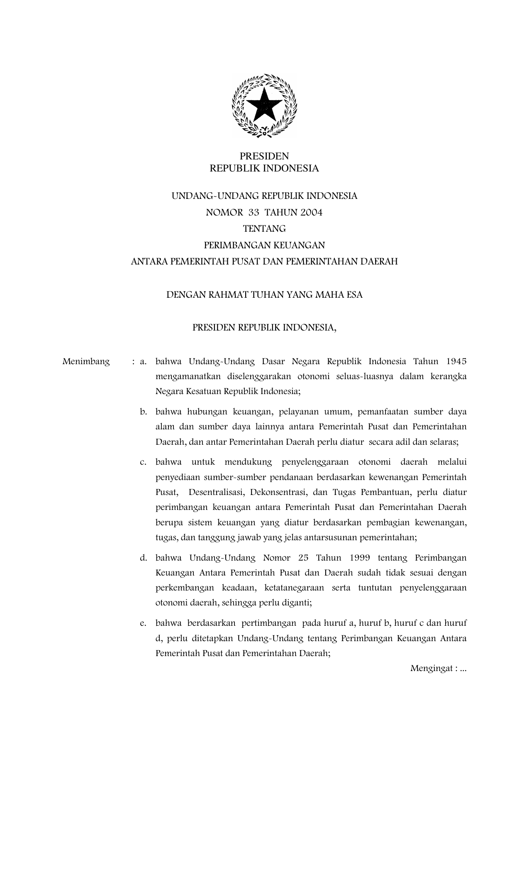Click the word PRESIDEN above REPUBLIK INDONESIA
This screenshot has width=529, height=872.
click(x=264, y=156)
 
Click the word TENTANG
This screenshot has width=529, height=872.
click(x=264, y=229)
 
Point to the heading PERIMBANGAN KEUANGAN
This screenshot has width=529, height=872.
click(x=264, y=245)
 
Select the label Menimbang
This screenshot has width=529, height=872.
click(x=86, y=362)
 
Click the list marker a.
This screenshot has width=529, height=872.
click(x=144, y=362)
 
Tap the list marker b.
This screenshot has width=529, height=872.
click(x=144, y=412)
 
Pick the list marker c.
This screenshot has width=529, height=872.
click(x=144, y=462)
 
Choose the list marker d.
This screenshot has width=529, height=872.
click(x=144, y=558)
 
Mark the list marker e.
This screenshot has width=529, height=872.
click(x=144, y=623)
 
